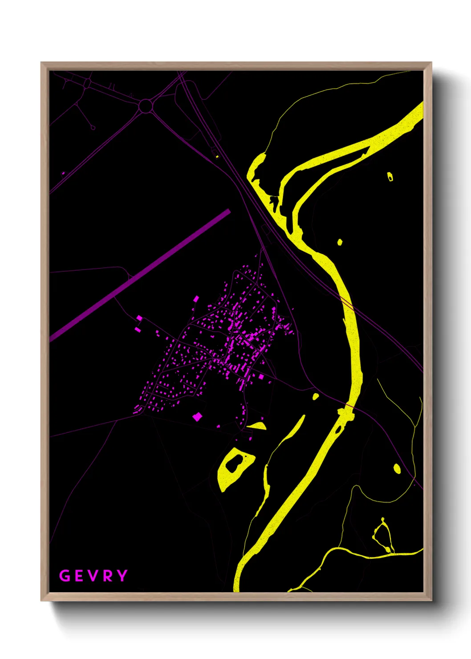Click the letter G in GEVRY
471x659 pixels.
click(65, 576)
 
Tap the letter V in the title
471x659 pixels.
click(93, 576)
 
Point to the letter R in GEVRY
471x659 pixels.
click(108, 576)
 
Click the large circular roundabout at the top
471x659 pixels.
click(146, 106)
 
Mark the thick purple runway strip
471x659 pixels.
click(140, 275)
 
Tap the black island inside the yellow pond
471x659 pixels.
click(234, 464)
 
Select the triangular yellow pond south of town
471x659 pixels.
click(258, 426)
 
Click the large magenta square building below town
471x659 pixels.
click(197, 417)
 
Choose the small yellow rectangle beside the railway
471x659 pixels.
click(217, 156)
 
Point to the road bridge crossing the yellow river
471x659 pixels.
click(346, 414)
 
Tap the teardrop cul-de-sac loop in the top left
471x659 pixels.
click(93, 128)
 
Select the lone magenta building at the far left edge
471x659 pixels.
click(63, 173)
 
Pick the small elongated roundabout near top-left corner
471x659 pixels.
click(87, 83)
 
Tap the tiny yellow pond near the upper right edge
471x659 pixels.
click(390, 177)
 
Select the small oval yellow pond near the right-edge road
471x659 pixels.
click(397, 468)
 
